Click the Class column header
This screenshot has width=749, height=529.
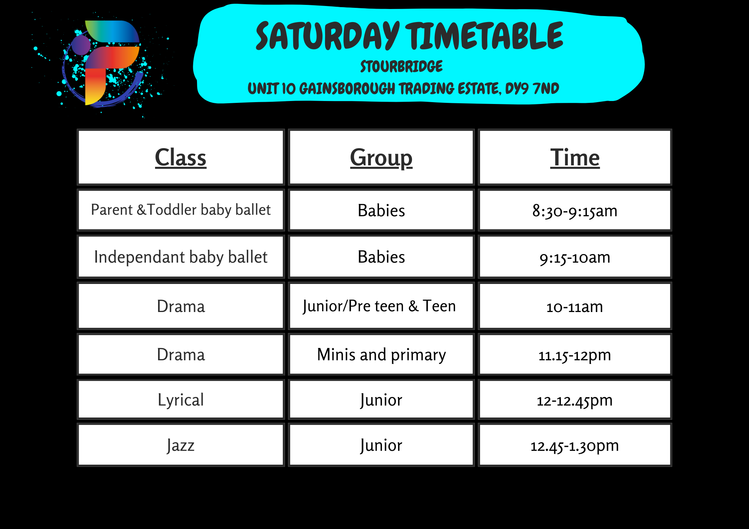point(181,157)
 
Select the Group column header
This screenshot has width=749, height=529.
point(381,157)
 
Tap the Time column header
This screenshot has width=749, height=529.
point(575,157)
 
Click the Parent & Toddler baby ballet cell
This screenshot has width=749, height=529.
point(181,210)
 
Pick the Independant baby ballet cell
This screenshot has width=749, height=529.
point(181,257)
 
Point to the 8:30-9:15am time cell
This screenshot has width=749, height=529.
point(575,210)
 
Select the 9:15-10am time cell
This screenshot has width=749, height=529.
point(575,257)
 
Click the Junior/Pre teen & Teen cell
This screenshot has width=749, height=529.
point(381,306)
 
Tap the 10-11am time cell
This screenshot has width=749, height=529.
point(575,306)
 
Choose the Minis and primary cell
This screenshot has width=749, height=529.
point(381,354)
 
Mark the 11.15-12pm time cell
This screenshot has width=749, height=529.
point(575,354)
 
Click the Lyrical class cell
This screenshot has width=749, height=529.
point(181,400)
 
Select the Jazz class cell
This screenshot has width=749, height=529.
point(181,445)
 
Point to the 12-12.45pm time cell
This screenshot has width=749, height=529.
point(575,400)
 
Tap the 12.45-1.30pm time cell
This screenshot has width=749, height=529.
point(575,445)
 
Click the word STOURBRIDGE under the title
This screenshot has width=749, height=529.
point(401,67)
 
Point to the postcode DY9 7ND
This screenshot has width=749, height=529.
point(532,89)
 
